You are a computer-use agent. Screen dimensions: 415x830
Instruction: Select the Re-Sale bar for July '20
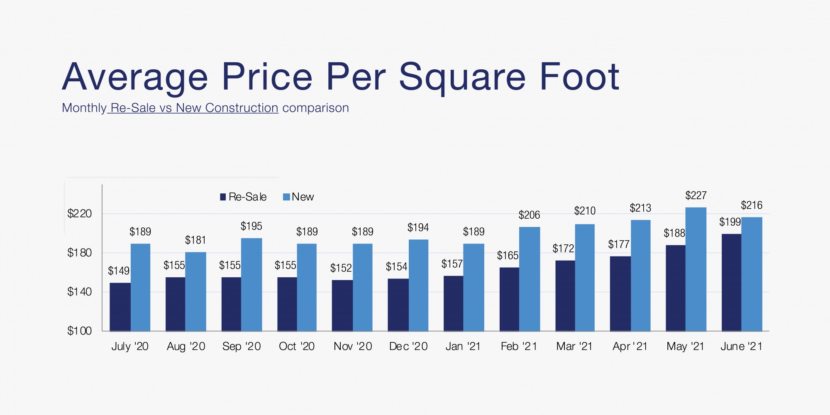point(120,307)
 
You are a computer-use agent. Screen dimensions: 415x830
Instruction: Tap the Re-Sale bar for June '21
point(731,282)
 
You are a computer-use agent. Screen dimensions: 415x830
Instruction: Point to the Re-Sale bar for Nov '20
point(342,305)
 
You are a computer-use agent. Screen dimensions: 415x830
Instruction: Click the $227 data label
point(696,195)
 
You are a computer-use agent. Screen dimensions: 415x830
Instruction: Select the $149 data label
point(119,271)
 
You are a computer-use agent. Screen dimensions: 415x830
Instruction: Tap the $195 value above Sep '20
point(251,226)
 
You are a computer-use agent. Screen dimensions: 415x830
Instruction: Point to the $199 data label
point(730,222)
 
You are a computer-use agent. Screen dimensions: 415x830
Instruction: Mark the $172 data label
point(563,249)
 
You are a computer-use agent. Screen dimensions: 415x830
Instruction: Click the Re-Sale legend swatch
point(223,197)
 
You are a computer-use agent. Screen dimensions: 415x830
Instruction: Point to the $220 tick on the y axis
point(80,214)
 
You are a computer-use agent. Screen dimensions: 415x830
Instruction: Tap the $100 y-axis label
point(80,331)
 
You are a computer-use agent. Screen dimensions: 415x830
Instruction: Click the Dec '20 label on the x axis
point(408,346)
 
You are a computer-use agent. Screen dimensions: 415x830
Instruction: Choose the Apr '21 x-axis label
point(630,346)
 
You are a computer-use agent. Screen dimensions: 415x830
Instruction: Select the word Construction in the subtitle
point(242,108)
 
